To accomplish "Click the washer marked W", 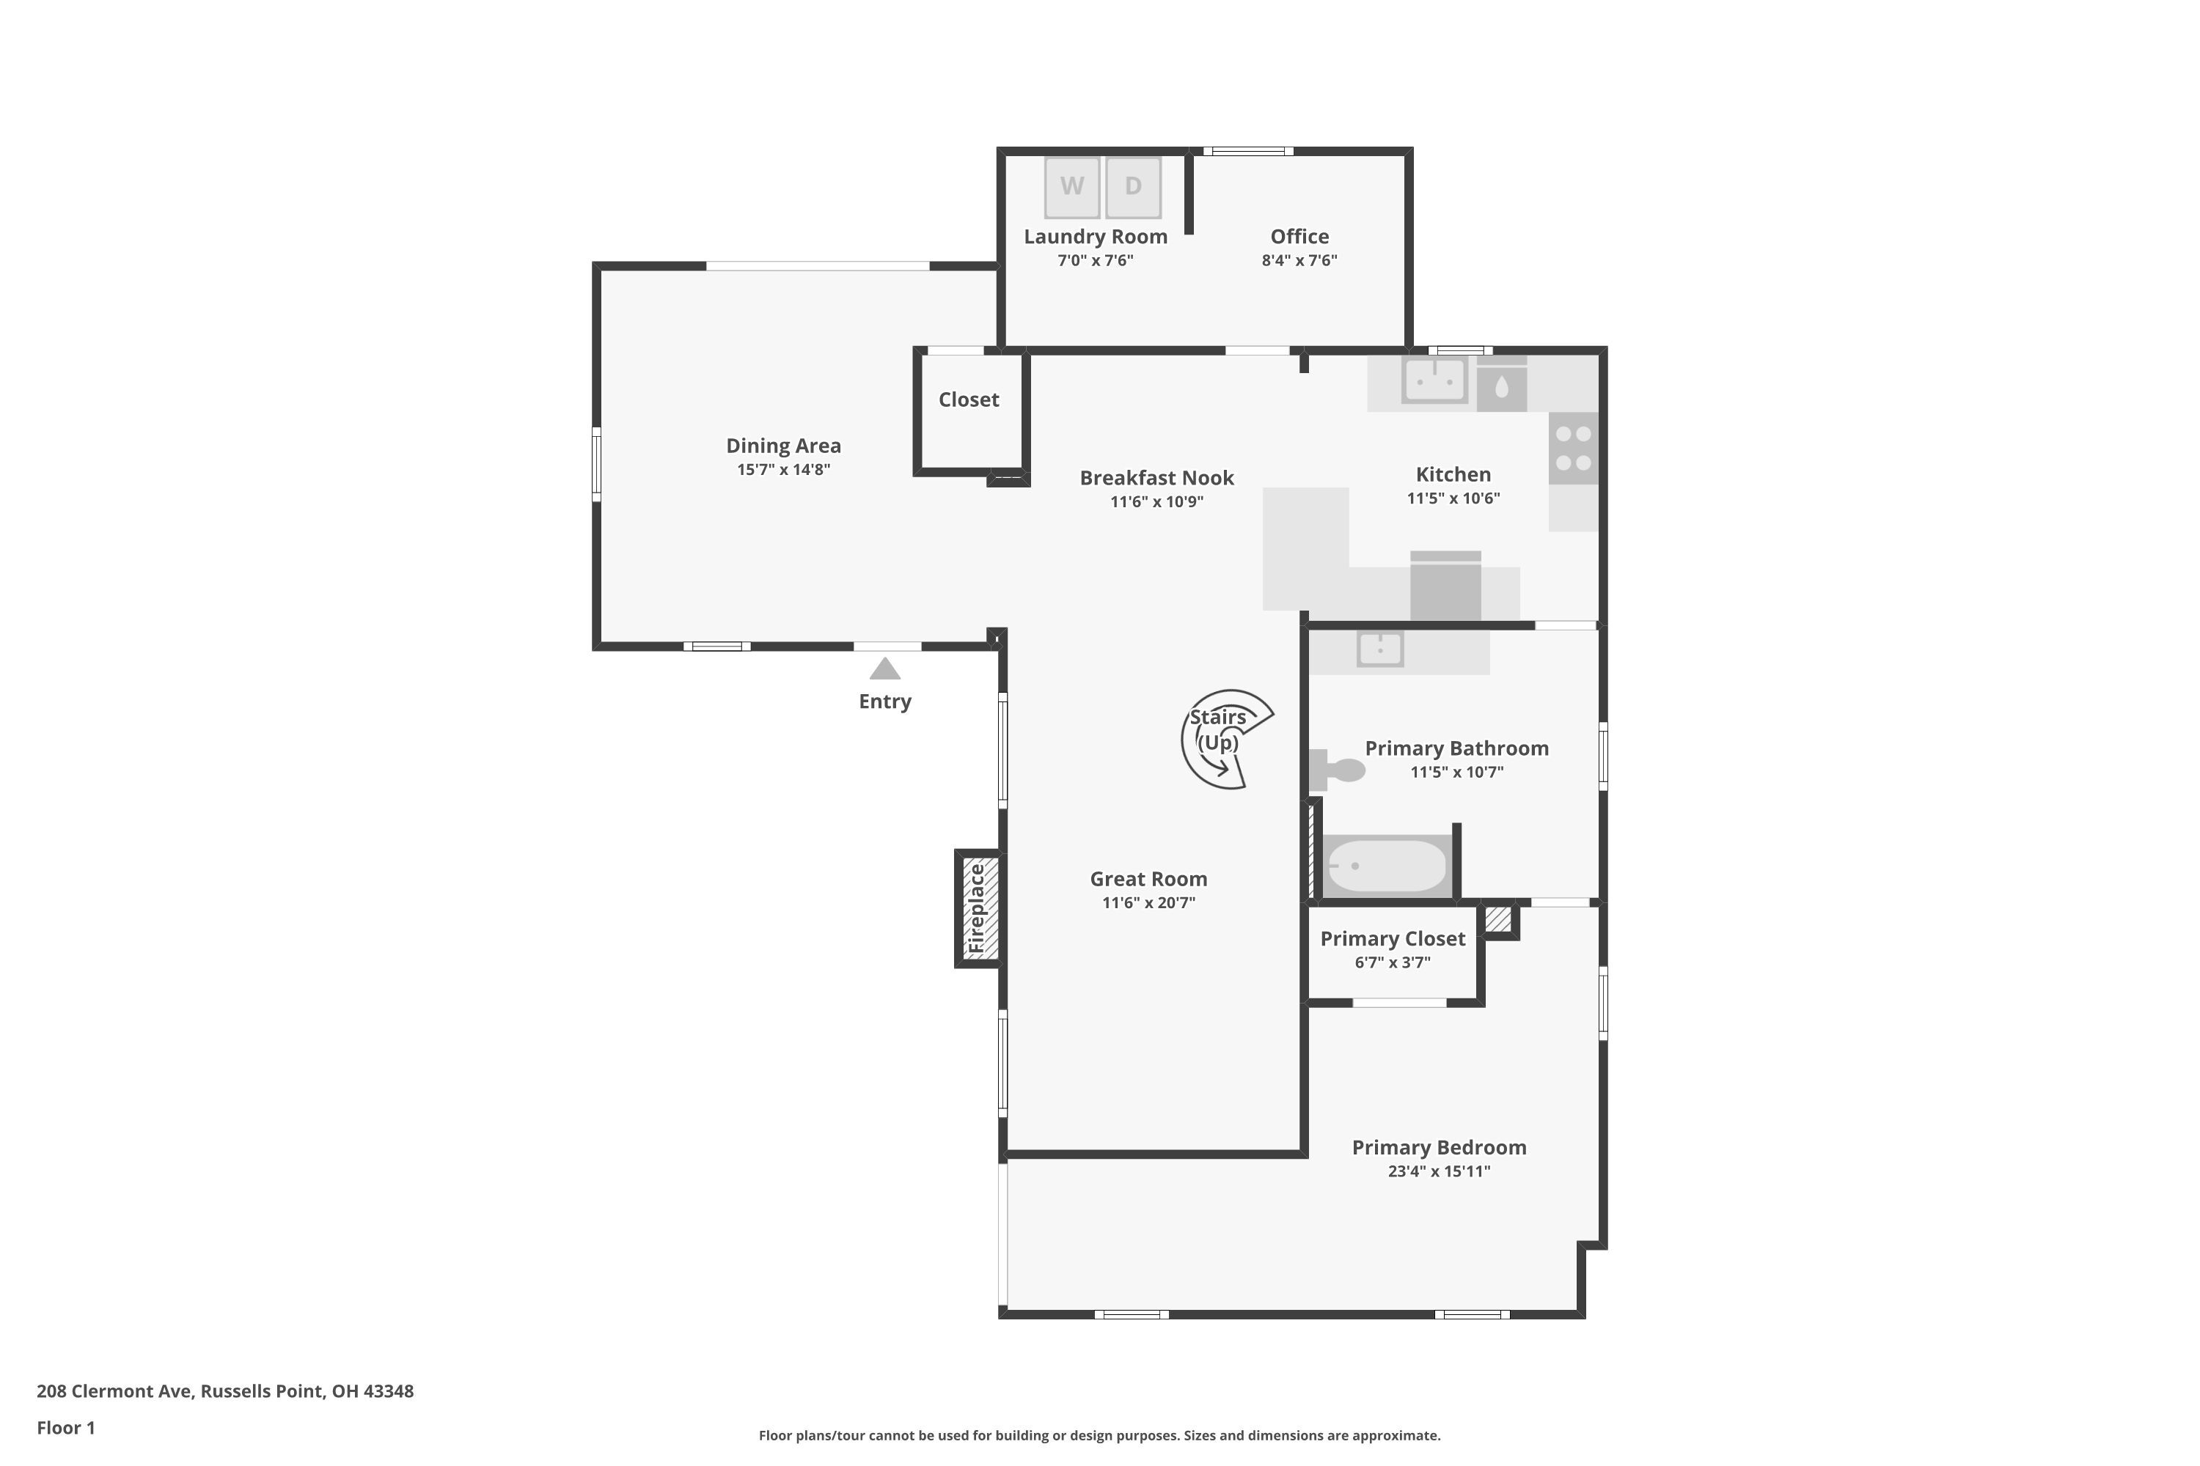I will [1072, 187].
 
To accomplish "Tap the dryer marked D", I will [1133, 187].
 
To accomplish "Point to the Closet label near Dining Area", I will [968, 400].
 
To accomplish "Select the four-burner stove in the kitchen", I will [1572, 449].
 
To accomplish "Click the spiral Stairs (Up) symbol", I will [1222, 740].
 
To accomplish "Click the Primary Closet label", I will [1392, 939].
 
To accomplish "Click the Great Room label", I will [1148, 879].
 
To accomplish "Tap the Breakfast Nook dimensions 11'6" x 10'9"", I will [1156, 502].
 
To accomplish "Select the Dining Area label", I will [783, 446].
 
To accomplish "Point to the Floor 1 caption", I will [65, 1428].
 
